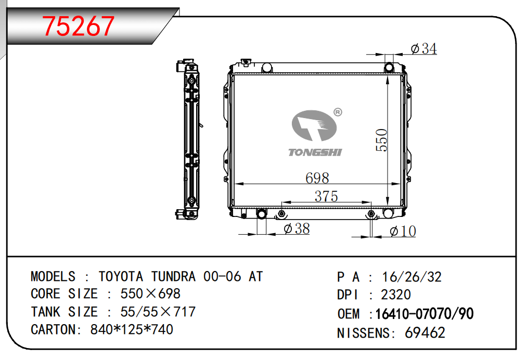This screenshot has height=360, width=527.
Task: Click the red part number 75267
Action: click(79, 26)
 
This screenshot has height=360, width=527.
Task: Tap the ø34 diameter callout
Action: click(423, 49)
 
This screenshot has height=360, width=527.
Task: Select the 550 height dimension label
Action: click(382, 140)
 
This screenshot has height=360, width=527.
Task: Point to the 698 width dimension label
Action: click(317, 178)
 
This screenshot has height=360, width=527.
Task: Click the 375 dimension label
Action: click(326, 196)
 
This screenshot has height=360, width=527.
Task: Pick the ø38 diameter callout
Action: click(297, 229)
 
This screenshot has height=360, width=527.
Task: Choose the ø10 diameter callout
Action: click(403, 232)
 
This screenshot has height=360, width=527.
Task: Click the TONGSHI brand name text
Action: click(315, 152)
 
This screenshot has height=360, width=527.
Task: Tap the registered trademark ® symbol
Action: click(338, 112)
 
